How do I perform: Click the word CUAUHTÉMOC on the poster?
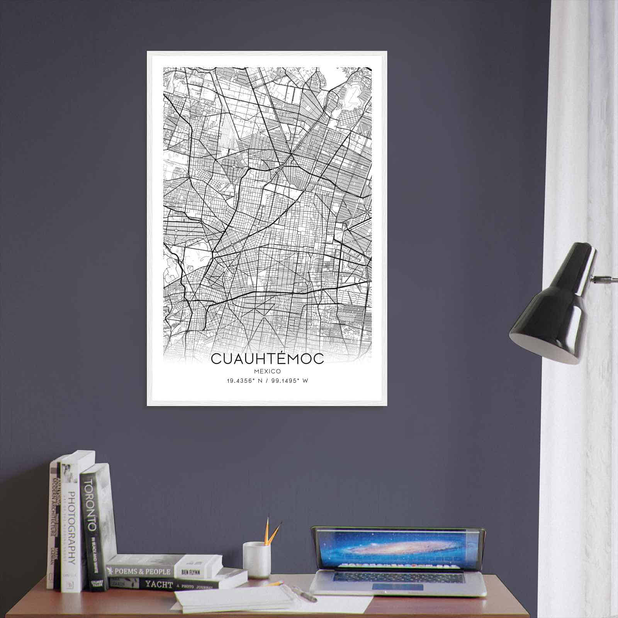[x=267, y=358]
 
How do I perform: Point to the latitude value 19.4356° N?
[x=245, y=381]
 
